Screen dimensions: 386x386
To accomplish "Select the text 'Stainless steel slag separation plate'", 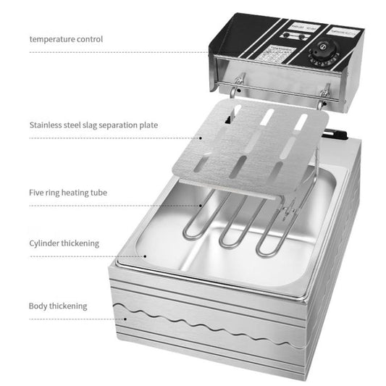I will (93, 125).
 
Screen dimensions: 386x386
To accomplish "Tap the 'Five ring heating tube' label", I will (69, 193).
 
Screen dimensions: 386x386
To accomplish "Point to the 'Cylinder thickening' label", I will (64, 244).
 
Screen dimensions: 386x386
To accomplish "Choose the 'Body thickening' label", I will (58, 306).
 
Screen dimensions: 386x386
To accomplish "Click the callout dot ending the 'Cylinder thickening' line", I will (146, 256).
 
